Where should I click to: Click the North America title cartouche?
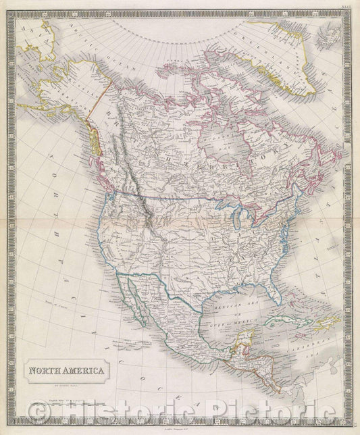click(x=66, y=370)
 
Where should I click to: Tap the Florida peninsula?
click(x=274, y=290)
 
